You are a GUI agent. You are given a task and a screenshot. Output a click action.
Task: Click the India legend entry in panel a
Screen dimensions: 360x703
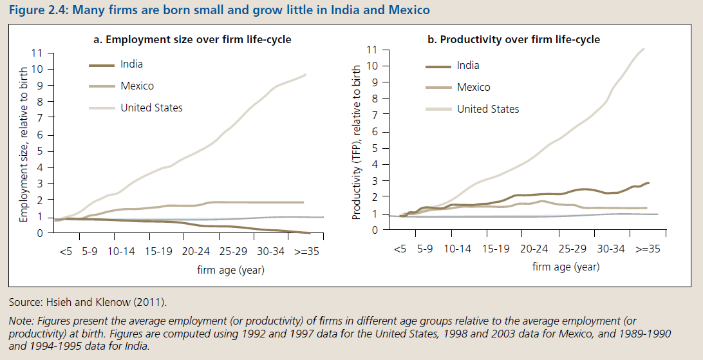[x=131, y=64]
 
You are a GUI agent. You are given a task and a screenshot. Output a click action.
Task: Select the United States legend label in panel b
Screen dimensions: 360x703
[x=488, y=109]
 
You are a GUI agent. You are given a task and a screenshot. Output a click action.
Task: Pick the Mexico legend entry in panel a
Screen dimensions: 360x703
[x=137, y=86]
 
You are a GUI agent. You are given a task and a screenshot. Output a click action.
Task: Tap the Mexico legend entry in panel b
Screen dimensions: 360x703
[x=473, y=87]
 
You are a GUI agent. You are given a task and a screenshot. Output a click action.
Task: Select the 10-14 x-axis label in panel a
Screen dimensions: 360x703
[x=121, y=252]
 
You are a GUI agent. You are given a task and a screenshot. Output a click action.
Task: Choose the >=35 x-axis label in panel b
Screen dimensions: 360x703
[x=649, y=249]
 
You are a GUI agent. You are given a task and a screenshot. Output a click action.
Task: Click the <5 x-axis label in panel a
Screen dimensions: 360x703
[x=66, y=252]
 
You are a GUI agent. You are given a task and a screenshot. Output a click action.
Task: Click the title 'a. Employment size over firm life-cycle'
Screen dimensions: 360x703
[x=192, y=39]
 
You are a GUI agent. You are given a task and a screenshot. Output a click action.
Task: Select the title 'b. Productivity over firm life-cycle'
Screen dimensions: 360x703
[x=514, y=39]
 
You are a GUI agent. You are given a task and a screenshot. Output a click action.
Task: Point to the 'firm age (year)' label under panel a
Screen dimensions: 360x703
[x=230, y=270]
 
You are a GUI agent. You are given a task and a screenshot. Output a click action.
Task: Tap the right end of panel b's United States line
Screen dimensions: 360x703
[x=643, y=49]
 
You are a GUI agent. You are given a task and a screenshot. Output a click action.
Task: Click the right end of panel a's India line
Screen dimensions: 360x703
[x=310, y=232]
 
